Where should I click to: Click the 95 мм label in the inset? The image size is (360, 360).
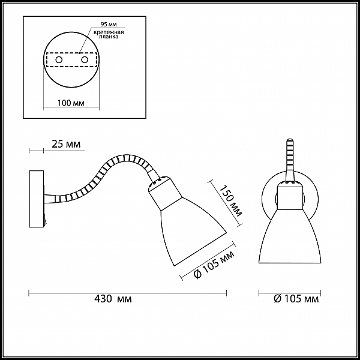tap(109, 25)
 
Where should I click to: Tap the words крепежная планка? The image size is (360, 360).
tap(109, 34)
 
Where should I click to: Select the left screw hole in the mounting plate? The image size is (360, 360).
tap(59, 60)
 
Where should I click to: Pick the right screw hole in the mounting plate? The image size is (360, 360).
tap(85, 60)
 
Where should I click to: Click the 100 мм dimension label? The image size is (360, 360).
tap(71, 103)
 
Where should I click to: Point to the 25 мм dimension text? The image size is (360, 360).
tap(66, 144)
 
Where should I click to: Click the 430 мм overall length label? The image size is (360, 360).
tap(113, 299)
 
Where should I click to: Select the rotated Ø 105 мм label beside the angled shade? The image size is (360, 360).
tap(214, 265)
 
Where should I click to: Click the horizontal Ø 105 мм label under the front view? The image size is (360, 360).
tap(296, 299)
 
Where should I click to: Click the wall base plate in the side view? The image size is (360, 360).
tap(36, 199)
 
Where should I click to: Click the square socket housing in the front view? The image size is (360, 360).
tap(290, 195)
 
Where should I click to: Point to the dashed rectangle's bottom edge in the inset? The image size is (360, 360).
tap(71, 67)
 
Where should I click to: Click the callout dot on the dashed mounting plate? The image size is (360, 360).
tap(79, 53)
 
